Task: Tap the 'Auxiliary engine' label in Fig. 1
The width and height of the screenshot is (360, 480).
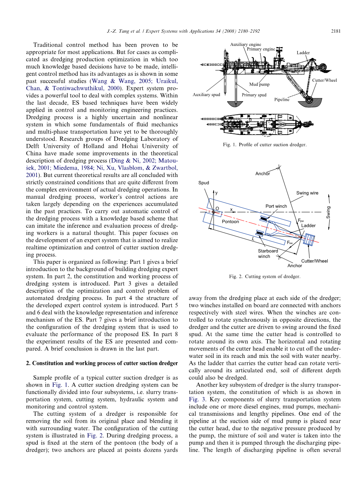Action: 246,45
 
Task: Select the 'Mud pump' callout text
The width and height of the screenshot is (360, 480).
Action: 259,84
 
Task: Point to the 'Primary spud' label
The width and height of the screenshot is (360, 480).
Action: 254,95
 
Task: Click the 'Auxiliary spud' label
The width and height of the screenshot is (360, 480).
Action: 206,95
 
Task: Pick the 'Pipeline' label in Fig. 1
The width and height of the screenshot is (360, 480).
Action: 282,100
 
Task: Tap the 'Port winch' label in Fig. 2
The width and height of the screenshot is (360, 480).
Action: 276,206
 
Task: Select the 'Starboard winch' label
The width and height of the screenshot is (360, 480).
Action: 268,254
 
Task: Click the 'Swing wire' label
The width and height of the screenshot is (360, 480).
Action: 307,193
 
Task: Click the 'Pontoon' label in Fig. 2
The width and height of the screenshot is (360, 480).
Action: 230,221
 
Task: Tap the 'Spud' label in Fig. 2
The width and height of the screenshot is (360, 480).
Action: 204,183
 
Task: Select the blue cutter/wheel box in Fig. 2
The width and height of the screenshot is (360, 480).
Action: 310,240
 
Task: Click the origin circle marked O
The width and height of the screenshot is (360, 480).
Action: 213,212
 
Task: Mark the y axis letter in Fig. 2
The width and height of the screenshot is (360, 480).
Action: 216,193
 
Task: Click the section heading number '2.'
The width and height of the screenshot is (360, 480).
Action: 28,363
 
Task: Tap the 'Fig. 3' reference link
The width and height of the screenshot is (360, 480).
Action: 195,399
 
